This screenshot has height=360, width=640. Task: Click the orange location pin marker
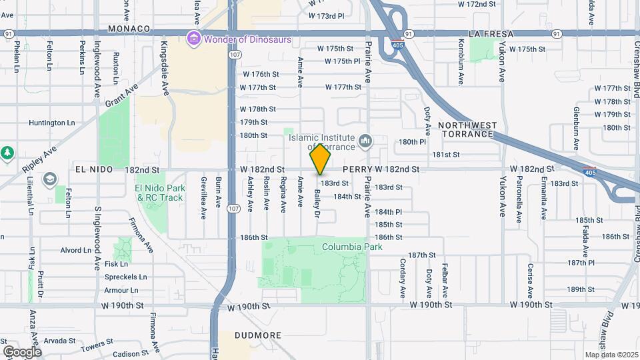[321, 159]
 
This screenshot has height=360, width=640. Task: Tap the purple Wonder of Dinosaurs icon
[194, 39]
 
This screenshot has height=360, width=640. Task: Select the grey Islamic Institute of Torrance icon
[365, 141]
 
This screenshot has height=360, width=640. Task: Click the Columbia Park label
[352, 247]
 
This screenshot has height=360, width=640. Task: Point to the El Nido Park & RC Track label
[159, 193]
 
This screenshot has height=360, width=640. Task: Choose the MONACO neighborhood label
[129, 29]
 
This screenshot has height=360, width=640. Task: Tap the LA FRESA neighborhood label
[493, 33]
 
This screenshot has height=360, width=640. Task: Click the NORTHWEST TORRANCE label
[467, 129]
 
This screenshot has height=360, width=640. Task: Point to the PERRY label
[357, 170]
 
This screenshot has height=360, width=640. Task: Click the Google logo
[22, 351]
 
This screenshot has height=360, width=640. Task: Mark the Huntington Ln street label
[56, 123]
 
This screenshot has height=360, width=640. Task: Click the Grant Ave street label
[121, 95]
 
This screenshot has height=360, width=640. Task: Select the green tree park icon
[7, 153]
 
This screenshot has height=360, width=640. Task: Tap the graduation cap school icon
[49, 179]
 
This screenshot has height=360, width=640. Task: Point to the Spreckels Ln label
[125, 277]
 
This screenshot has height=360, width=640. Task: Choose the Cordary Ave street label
[403, 278]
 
